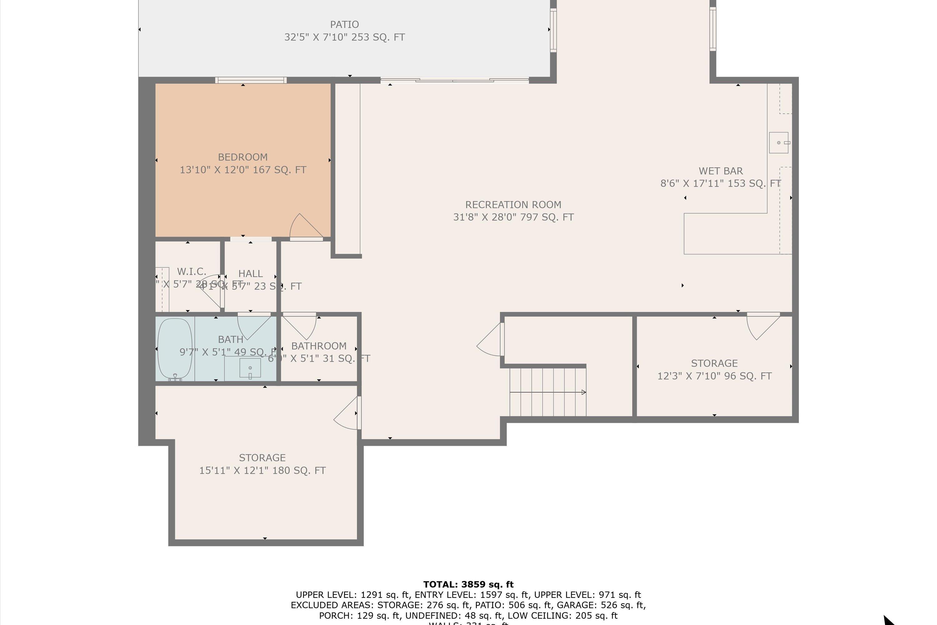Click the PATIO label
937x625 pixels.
(344, 25)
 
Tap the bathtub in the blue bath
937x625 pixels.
(175, 348)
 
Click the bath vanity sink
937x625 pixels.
(250, 367)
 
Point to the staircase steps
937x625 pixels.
(548, 392)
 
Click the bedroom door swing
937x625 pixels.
(306, 227)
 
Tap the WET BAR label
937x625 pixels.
(720, 171)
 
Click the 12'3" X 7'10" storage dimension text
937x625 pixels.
(714, 376)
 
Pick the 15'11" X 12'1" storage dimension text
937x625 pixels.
(262, 470)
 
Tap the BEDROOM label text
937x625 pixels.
(243, 157)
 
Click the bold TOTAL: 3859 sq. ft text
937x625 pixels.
(468, 584)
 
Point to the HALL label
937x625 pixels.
(250, 274)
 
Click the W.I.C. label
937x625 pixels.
(192, 272)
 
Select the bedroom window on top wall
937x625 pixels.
(250, 80)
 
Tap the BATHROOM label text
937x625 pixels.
(319, 346)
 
